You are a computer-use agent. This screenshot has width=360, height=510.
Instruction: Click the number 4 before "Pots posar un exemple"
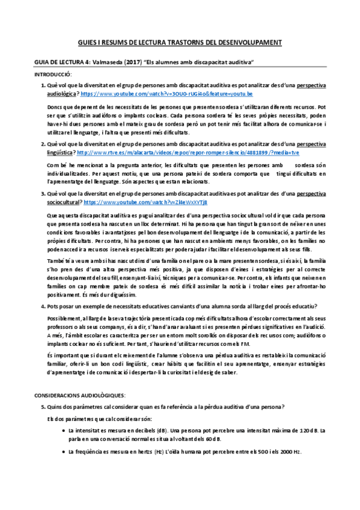43,306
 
